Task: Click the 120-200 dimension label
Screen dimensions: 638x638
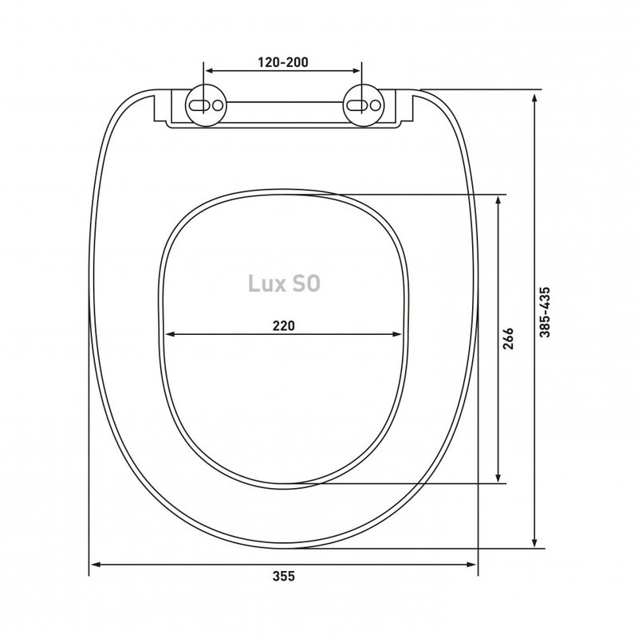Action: [283, 62]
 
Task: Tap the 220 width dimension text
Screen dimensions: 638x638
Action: [284, 326]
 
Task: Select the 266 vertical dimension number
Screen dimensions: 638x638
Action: [508, 338]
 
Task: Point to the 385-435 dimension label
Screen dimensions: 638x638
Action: [545, 312]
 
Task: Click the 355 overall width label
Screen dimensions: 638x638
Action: [284, 576]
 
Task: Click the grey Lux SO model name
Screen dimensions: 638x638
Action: [284, 284]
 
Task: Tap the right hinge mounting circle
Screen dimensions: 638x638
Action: [364, 105]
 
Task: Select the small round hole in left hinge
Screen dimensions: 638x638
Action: [218, 105]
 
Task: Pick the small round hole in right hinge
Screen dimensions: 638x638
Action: [375, 105]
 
